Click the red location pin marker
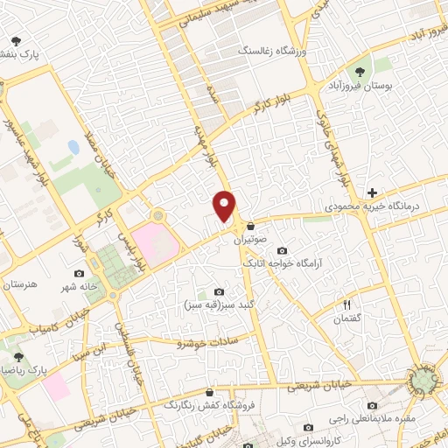[226, 206]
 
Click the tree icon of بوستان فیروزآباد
[359, 70]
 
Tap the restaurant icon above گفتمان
[346, 304]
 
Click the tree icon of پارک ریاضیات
[18, 357]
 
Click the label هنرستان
[21, 286]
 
